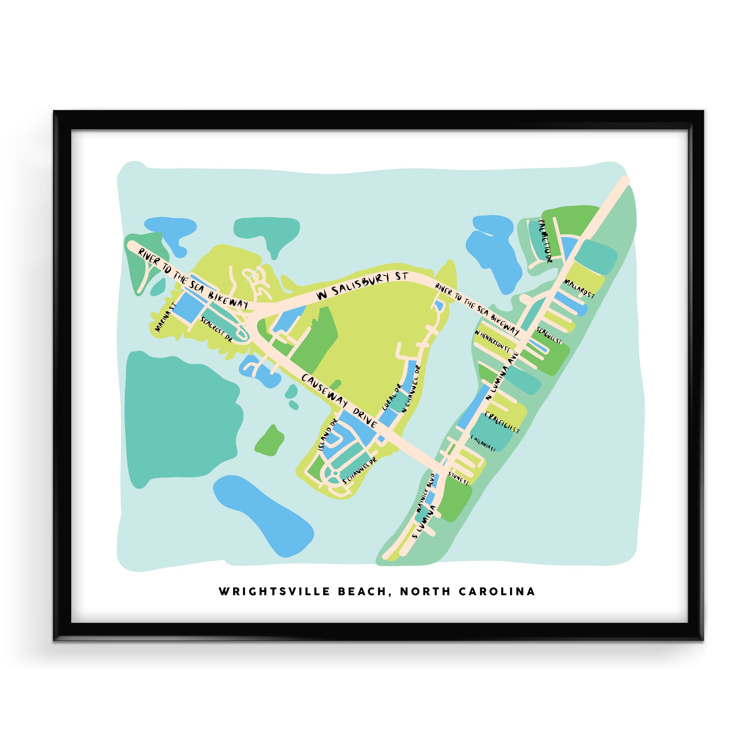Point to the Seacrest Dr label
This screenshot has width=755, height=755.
[216, 329]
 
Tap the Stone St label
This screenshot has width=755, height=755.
[458, 479]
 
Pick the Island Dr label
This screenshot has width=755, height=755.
[327, 434]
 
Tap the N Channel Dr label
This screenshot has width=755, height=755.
[411, 388]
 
